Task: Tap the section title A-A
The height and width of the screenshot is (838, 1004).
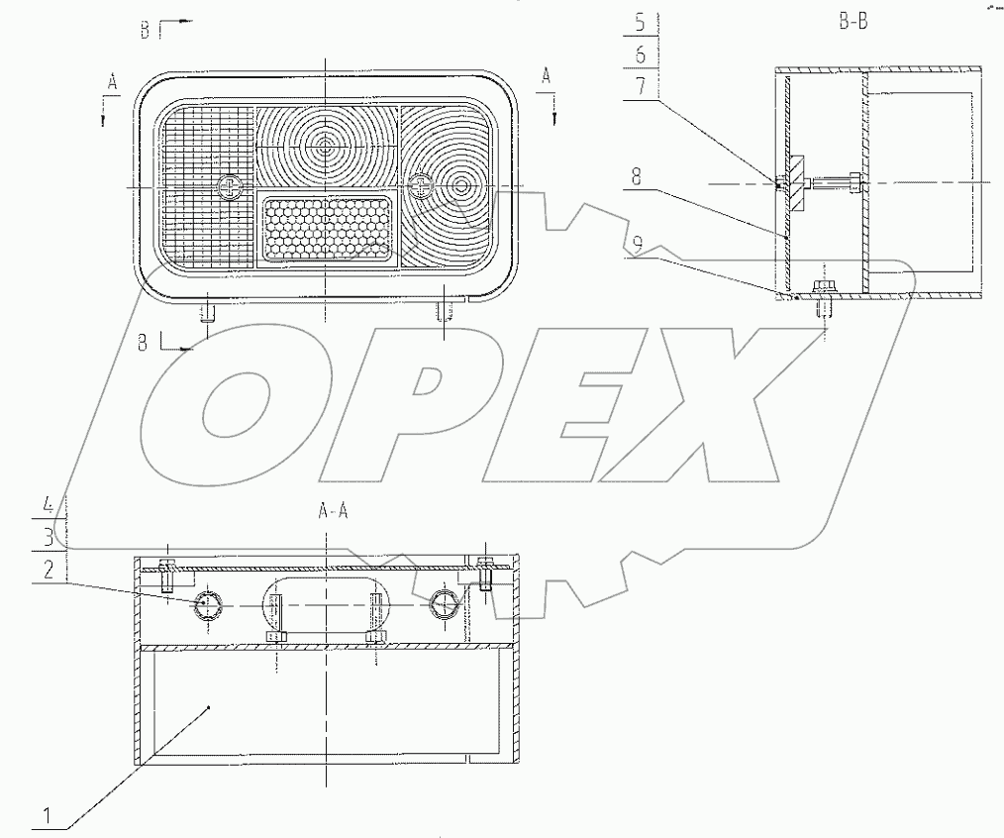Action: [333, 511]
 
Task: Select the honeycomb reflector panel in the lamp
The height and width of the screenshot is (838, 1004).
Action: [328, 228]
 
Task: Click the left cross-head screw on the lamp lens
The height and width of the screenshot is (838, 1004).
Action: [230, 186]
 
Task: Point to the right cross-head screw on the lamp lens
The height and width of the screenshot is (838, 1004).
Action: [422, 184]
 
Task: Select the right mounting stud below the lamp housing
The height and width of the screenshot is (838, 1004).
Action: [443, 313]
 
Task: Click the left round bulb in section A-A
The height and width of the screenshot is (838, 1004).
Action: [209, 607]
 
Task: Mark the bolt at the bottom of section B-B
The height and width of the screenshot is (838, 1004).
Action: [823, 294]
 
